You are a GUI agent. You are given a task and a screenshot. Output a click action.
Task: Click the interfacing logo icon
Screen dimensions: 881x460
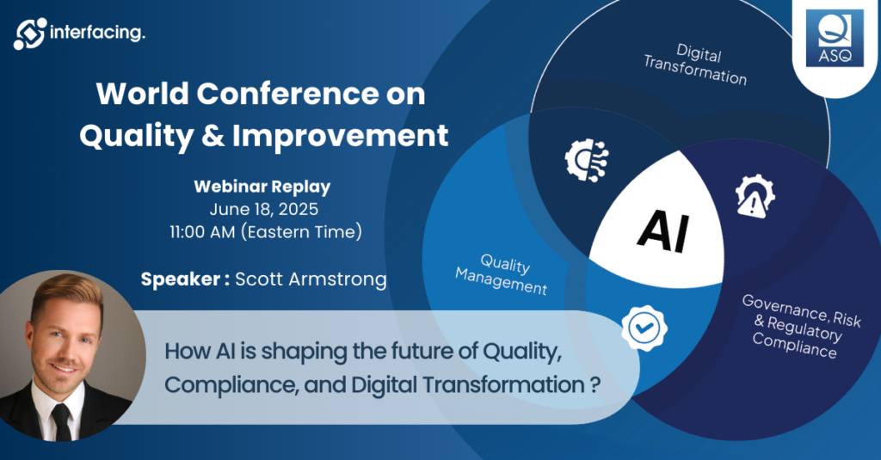(x=30, y=34)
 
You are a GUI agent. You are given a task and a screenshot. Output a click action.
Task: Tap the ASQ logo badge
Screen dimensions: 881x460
(x=835, y=38)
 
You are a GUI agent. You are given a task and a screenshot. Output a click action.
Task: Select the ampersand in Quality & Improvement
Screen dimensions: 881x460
(x=213, y=136)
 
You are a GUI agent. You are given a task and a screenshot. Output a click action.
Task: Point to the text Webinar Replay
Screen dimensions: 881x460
(x=262, y=187)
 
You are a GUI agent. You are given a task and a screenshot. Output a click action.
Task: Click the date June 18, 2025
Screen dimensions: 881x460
(x=263, y=209)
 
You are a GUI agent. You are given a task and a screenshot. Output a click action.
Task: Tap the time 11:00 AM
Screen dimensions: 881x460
(x=202, y=232)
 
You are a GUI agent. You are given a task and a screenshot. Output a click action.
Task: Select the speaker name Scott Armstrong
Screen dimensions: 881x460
(x=311, y=279)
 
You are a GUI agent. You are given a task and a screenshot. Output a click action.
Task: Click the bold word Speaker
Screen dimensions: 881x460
(x=181, y=279)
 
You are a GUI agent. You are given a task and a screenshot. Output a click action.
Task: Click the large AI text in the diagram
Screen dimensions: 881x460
(x=663, y=230)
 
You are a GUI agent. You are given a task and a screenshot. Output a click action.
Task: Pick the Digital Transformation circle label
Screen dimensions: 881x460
(x=695, y=64)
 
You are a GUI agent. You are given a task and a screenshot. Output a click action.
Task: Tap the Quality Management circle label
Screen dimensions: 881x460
(x=502, y=273)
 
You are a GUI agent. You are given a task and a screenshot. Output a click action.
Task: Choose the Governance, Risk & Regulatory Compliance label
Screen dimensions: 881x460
(x=801, y=326)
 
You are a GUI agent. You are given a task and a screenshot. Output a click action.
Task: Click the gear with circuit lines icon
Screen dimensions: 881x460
(x=586, y=160)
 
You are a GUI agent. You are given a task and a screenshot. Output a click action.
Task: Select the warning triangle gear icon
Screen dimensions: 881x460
(x=755, y=196)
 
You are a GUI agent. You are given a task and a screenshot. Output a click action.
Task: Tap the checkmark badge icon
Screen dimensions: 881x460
(x=644, y=328)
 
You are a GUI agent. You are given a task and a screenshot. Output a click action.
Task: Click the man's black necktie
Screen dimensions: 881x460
(x=61, y=422)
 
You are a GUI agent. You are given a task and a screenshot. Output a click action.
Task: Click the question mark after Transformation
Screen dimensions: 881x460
(x=595, y=385)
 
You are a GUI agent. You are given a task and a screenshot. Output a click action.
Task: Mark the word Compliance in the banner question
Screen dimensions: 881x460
(x=231, y=385)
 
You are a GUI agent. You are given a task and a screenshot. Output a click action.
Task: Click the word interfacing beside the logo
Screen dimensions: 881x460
(x=97, y=33)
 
